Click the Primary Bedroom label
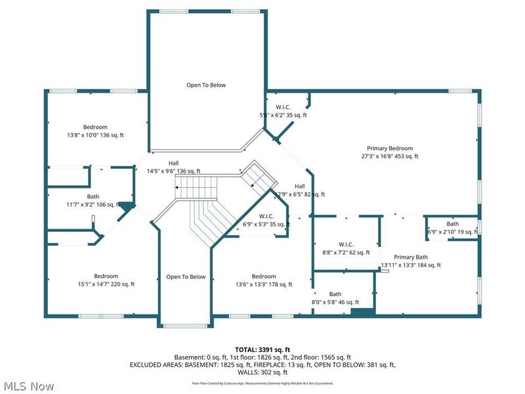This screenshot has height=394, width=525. (389, 148)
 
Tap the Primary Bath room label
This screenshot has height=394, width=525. (411, 257)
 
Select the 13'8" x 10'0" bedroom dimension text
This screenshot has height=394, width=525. (95, 135)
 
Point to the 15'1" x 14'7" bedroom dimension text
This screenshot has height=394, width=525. (106, 284)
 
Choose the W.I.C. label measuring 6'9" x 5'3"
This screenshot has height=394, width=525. (266, 216)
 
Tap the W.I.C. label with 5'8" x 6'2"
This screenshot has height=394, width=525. (283, 106)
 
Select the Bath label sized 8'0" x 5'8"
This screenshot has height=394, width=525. (335, 294)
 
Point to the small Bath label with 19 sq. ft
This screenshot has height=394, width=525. (453, 224)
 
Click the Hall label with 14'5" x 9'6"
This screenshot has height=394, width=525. (173, 163)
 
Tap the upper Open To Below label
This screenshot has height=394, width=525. (207, 85)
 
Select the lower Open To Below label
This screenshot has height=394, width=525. (186, 276)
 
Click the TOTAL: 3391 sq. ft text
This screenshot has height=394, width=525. (262, 349)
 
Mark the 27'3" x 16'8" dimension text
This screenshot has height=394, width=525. (389, 156)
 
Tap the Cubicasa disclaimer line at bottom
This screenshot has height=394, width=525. (262, 383)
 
